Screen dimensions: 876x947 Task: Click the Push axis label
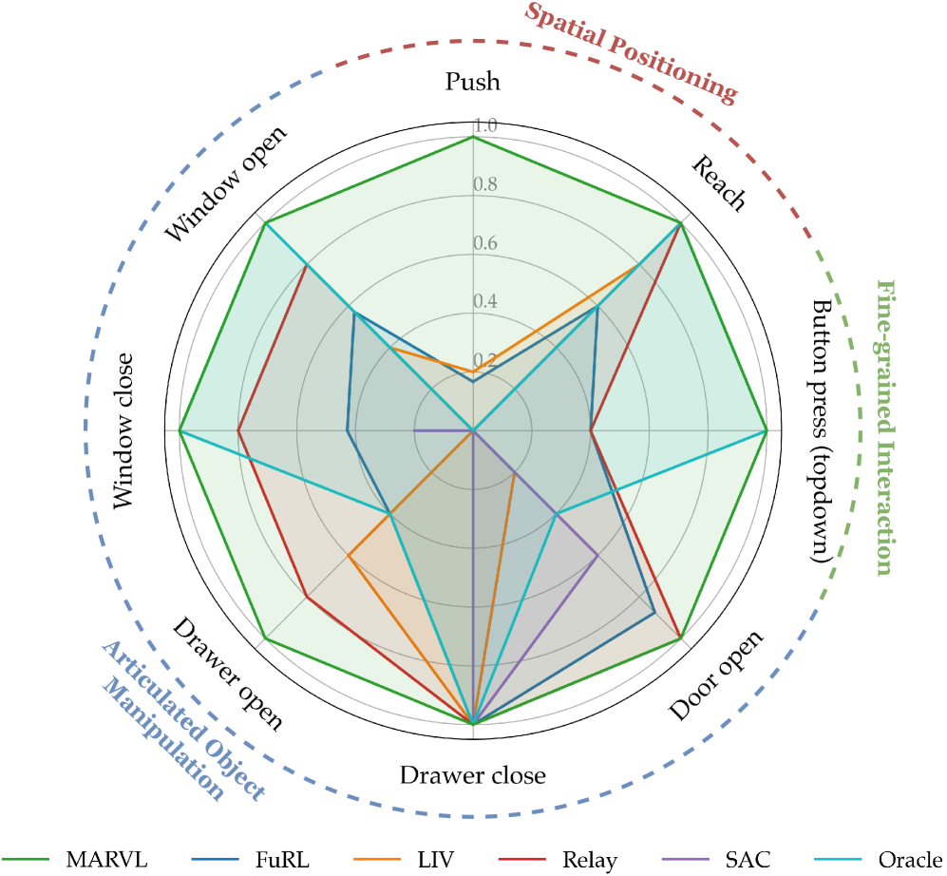(x=472, y=83)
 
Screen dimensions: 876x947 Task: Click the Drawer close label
(x=472, y=775)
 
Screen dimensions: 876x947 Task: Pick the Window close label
(x=124, y=432)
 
